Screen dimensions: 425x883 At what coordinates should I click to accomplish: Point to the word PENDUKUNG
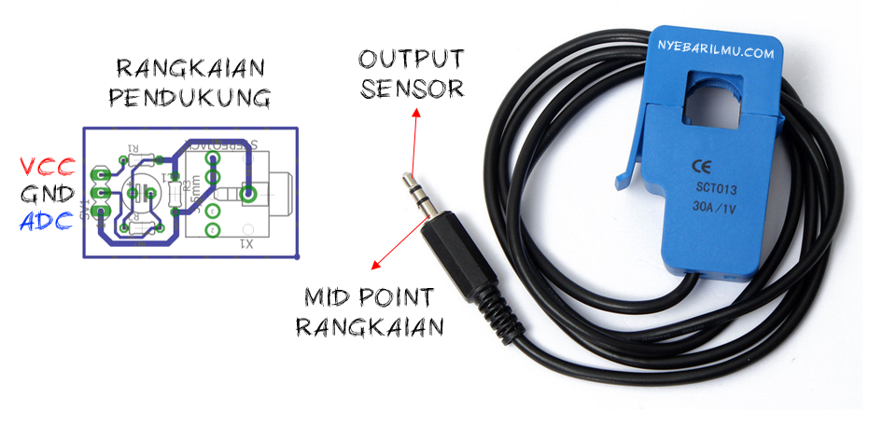point(190,97)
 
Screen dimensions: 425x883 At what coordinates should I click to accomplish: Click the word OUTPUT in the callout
point(413,60)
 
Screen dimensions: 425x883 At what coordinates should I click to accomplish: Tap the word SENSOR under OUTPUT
point(413,89)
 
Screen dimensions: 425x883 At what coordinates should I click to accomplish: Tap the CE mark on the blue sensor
point(703,168)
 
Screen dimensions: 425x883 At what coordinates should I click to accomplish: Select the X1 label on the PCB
point(247,244)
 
